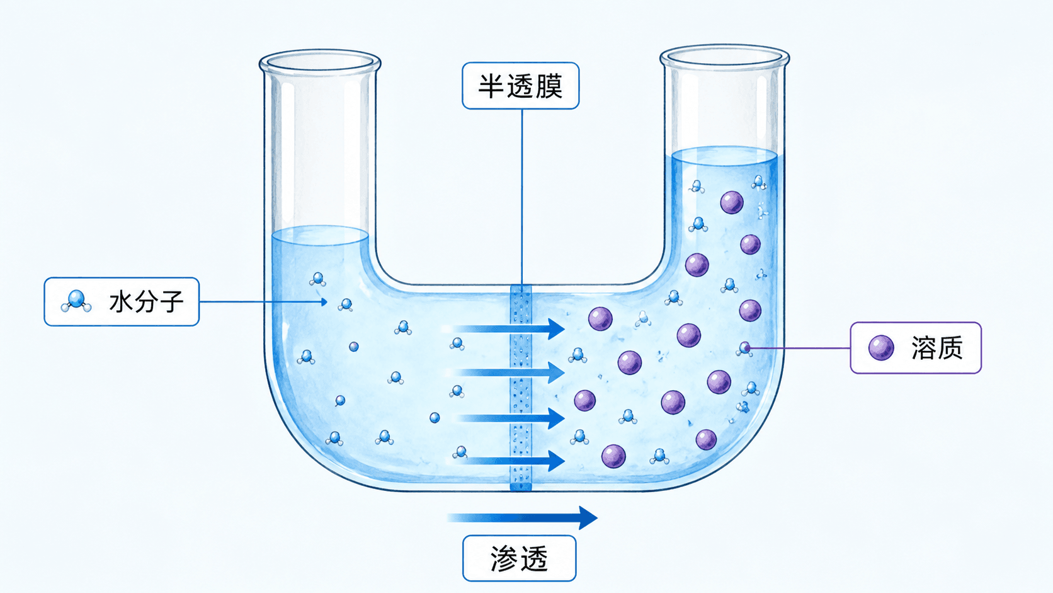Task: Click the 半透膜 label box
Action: pyautogui.click(x=520, y=86)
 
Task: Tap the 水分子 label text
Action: pyautogui.click(x=146, y=301)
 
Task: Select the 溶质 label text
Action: pyautogui.click(x=937, y=348)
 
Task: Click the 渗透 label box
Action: pyautogui.click(x=520, y=558)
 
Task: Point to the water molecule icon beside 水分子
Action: pyautogui.click(x=76, y=301)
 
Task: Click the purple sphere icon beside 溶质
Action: pyautogui.click(x=881, y=348)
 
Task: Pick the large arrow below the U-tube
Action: pyautogui.click(x=522, y=518)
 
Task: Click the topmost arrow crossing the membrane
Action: pyautogui.click(x=503, y=328)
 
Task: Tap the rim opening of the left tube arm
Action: pyautogui.click(x=320, y=62)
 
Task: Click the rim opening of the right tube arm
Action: pyautogui.click(x=724, y=57)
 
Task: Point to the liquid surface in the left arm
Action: pyautogui.click(x=320, y=236)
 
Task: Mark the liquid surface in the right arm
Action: pyautogui.click(x=724, y=156)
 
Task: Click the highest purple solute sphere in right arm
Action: pyautogui.click(x=732, y=203)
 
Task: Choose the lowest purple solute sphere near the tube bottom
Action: pyautogui.click(x=613, y=456)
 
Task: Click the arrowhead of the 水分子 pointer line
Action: pyautogui.click(x=324, y=301)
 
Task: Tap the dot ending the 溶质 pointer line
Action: pyautogui.click(x=747, y=348)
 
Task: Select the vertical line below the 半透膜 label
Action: pyautogui.click(x=522, y=197)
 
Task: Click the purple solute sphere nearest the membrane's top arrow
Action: pyautogui.click(x=600, y=318)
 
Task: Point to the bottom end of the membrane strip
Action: pyautogui.click(x=521, y=489)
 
